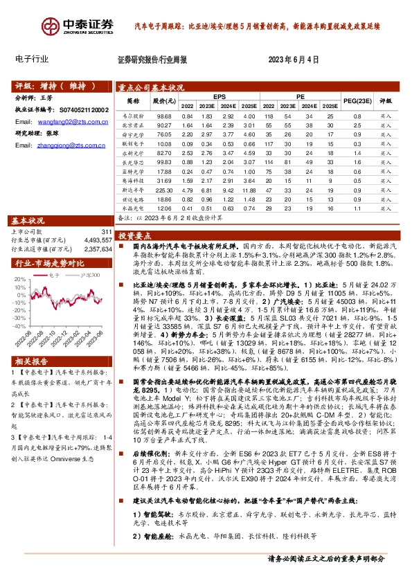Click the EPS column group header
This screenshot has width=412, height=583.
[219, 96]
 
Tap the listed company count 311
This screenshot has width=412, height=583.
[105, 232]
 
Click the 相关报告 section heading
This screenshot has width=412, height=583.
[32, 381]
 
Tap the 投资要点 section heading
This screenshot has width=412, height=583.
[135, 235]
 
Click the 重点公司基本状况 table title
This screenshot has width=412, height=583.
[151, 88]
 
